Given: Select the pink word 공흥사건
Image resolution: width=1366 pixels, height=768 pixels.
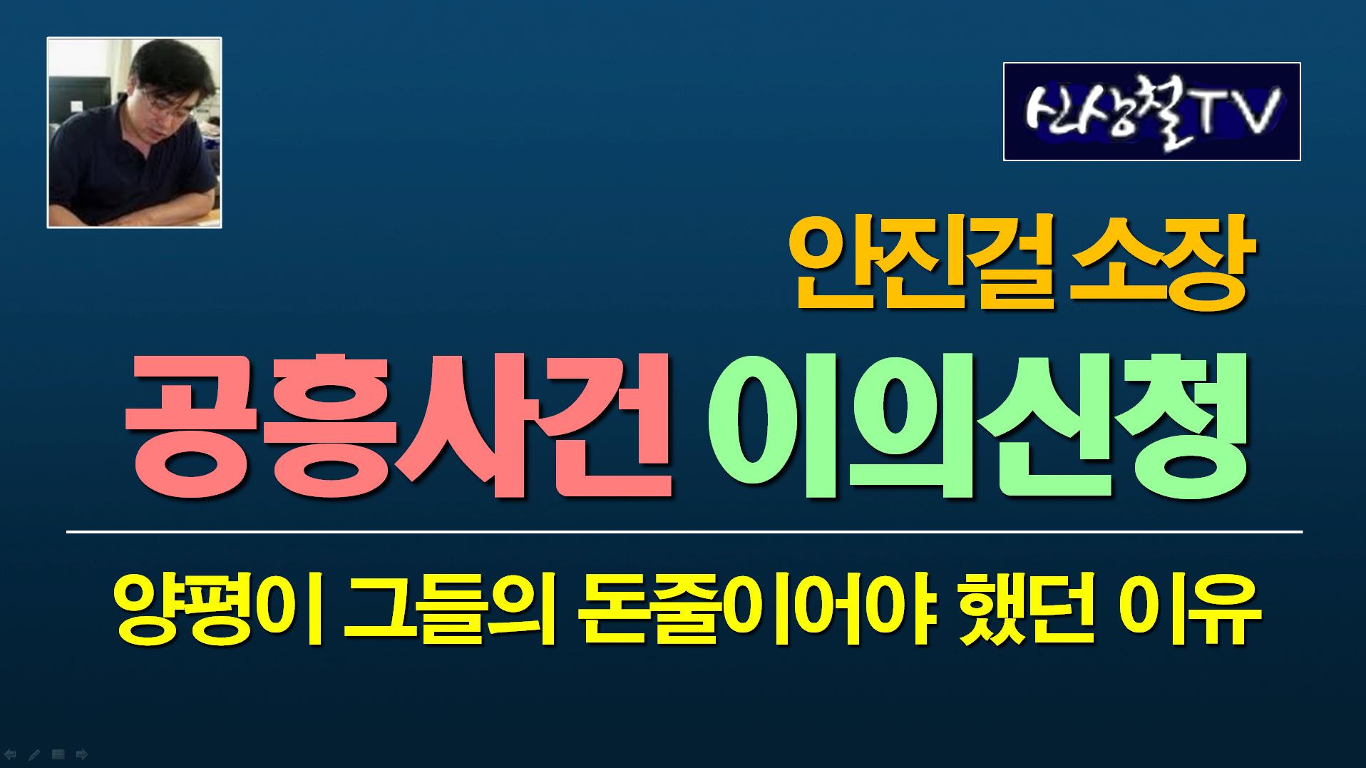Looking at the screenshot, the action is click(x=400, y=426).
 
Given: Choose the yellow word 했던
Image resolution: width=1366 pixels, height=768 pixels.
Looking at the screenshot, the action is click(x=1027, y=610).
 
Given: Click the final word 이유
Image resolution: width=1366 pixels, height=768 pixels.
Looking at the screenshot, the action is click(x=1190, y=610).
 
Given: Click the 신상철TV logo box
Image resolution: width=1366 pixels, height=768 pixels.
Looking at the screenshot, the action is click(x=1152, y=112).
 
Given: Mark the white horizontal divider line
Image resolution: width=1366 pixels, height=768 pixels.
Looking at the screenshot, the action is click(x=684, y=532).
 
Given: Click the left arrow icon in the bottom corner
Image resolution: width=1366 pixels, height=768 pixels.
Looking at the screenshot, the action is click(x=10, y=754).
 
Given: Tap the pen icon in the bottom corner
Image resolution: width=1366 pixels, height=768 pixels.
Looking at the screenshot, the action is click(x=34, y=754).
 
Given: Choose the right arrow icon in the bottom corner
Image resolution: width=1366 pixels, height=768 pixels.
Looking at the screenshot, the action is click(x=82, y=754).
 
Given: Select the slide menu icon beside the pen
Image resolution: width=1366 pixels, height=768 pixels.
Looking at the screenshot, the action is click(x=58, y=754).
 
